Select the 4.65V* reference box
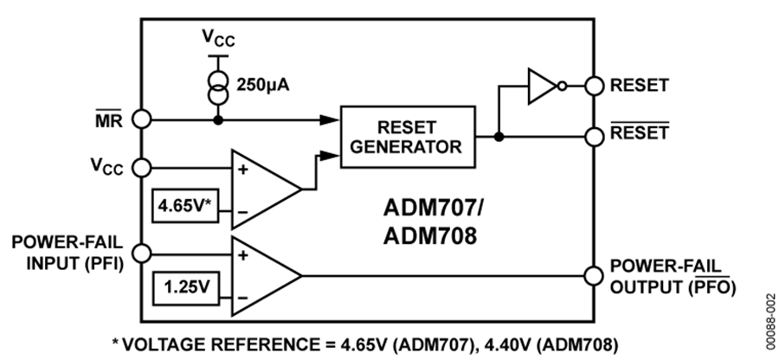(x=182, y=206)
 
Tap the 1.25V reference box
(x=182, y=283)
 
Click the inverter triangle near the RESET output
(x=544, y=86)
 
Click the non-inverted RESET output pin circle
(x=593, y=86)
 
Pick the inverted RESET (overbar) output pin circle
(x=593, y=135)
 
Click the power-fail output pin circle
(x=593, y=275)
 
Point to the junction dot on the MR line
(x=218, y=119)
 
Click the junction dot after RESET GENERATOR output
(x=499, y=135)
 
